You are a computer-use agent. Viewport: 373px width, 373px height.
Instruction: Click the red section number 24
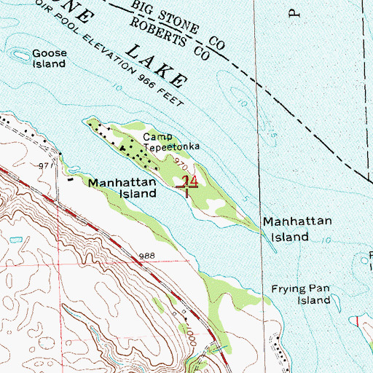188,181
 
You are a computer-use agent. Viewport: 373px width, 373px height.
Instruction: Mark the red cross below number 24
188,189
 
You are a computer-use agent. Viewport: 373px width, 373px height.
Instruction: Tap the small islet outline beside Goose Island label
17,52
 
